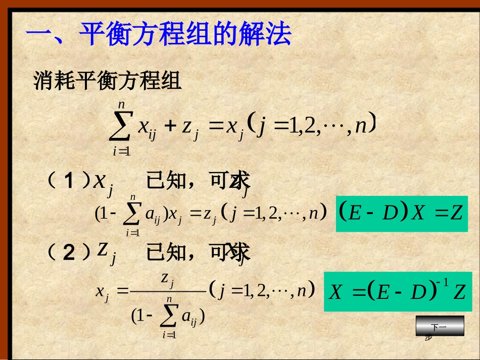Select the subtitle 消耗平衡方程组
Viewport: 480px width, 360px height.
pyautogui.click(x=107, y=81)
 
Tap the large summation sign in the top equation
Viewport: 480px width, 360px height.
pyautogui.click(x=122, y=126)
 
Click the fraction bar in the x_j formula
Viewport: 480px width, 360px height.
pyautogui.click(x=167, y=291)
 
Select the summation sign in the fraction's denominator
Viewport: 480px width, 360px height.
pyautogui.click(x=169, y=317)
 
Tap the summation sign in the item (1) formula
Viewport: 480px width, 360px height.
pyautogui.click(x=133, y=215)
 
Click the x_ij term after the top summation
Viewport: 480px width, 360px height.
pyautogui.click(x=147, y=126)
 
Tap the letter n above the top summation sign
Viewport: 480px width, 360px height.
pyautogui.click(x=121, y=105)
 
